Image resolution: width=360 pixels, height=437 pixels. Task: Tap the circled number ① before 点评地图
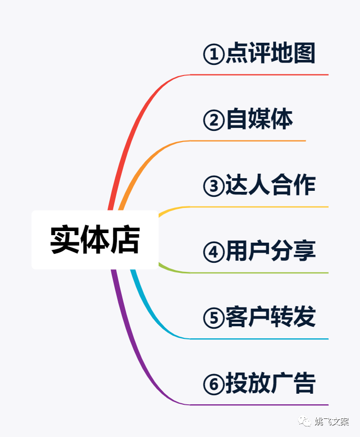point(213,55)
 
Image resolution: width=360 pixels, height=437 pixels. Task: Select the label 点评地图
point(270,54)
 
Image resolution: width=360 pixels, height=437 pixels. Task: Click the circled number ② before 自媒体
point(213,121)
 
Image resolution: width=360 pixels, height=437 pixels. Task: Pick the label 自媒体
point(259,120)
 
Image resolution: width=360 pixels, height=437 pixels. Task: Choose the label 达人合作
point(270,186)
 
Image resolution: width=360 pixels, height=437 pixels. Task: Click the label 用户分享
point(270,252)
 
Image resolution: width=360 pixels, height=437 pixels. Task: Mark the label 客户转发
point(270,318)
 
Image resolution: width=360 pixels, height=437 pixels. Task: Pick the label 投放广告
point(270,384)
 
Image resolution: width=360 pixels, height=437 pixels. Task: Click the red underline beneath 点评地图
point(262,75)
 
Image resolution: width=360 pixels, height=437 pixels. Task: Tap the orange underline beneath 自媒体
point(252,141)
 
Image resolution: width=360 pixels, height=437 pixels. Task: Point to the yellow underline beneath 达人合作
point(262,207)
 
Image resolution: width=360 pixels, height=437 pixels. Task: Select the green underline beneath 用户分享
point(262,273)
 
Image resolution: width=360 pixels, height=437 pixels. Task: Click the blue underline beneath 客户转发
point(262,339)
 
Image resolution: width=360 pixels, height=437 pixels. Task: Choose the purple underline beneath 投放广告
point(262,405)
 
